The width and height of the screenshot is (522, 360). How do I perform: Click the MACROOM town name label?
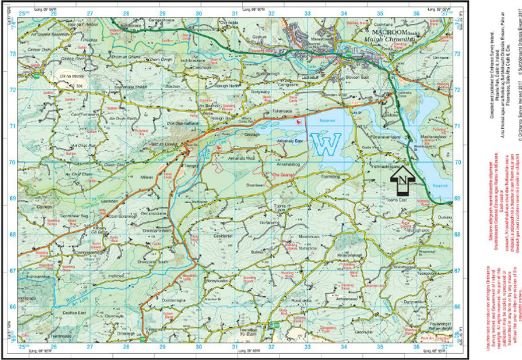[x=394, y=32]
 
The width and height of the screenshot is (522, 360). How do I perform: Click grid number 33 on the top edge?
[x=307, y=13]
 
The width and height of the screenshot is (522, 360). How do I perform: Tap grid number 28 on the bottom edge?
[x=126, y=348]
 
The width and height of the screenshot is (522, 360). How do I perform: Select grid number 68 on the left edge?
[x=12, y=234]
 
